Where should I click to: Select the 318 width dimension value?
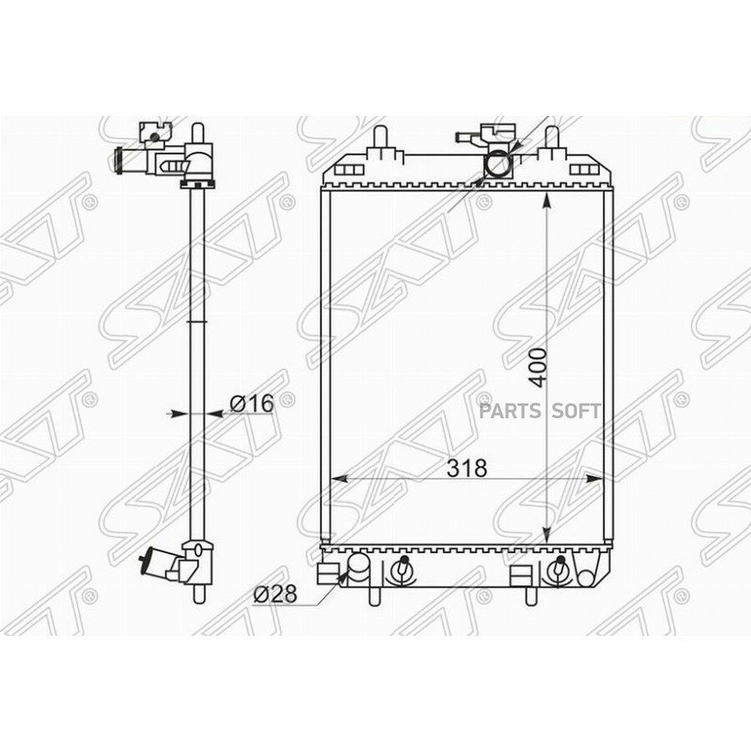(x=466, y=468)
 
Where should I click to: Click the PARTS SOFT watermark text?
(x=551, y=411)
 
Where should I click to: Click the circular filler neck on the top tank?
(x=497, y=164)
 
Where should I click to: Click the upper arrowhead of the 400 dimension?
(x=546, y=200)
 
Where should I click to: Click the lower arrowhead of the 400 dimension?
(x=546, y=537)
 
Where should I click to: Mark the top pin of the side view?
(x=197, y=133)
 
